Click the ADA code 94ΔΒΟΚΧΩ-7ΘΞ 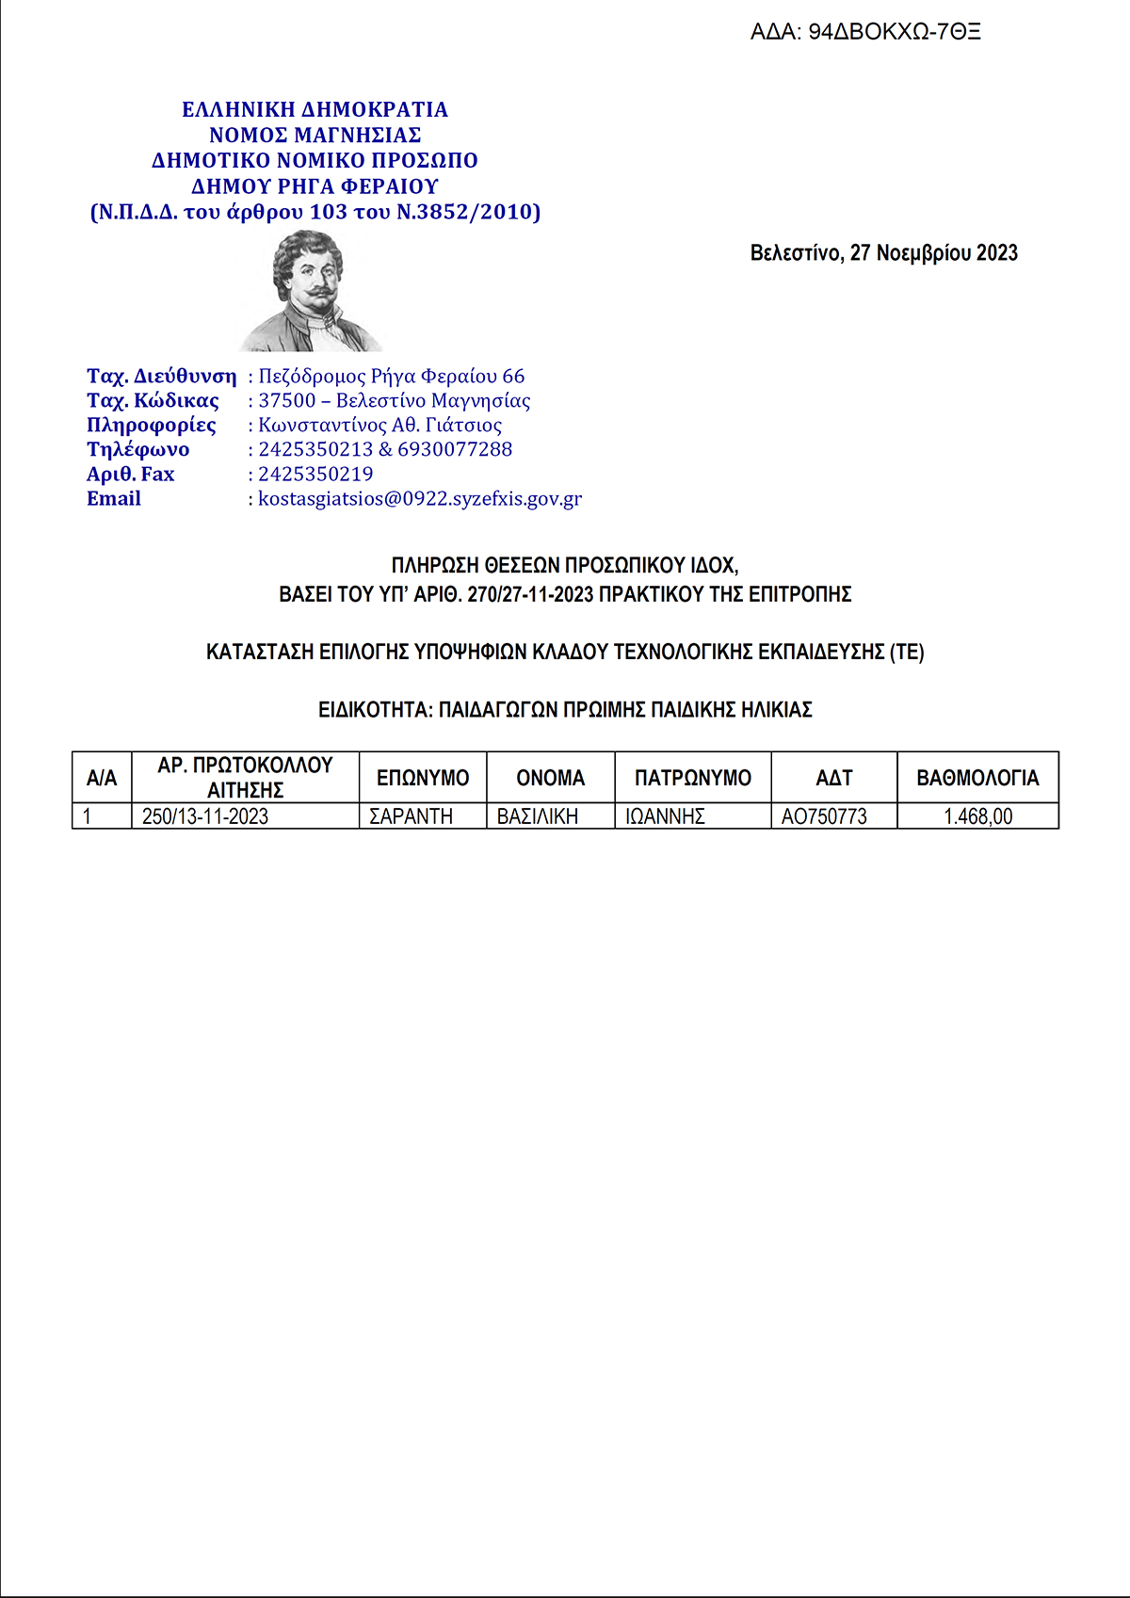pyautogui.click(x=894, y=32)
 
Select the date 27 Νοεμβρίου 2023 pyautogui.click(x=933, y=253)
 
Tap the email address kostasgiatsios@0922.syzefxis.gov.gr pyautogui.click(x=420, y=499)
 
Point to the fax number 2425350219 pyautogui.click(x=315, y=475)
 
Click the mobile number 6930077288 pyautogui.click(x=455, y=450)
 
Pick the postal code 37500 pyautogui.click(x=287, y=401)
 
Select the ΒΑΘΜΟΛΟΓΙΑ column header pyautogui.click(x=977, y=778)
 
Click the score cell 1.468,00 pyautogui.click(x=978, y=816)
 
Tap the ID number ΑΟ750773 pyautogui.click(x=824, y=816)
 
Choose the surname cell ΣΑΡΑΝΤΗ pyautogui.click(x=411, y=816)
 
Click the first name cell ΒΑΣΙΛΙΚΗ pyautogui.click(x=538, y=816)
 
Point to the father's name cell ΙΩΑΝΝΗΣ pyautogui.click(x=665, y=816)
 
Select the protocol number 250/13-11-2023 pyautogui.click(x=205, y=816)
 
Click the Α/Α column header pyautogui.click(x=102, y=778)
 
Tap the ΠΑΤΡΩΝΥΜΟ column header pyautogui.click(x=692, y=778)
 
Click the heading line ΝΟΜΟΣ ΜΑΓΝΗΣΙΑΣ pyautogui.click(x=315, y=136)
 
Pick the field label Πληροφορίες pyautogui.click(x=152, y=426)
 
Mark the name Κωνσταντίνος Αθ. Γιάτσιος pyautogui.click(x=380, y=426)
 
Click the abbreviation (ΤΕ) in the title pyautogui.click(x=907, y=652)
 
